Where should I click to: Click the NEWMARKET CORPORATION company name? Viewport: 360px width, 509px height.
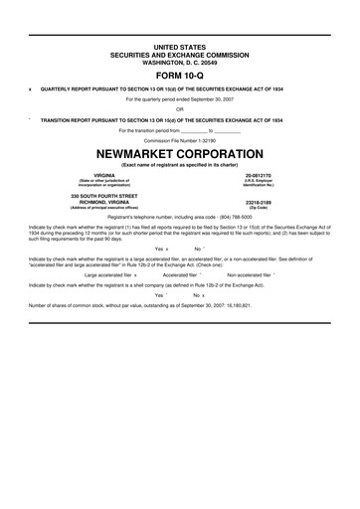(x=179, y=156)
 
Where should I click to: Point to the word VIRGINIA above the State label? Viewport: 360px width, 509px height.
(x=96, y=174)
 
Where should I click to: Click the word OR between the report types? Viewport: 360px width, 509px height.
(x=179, y=108)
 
